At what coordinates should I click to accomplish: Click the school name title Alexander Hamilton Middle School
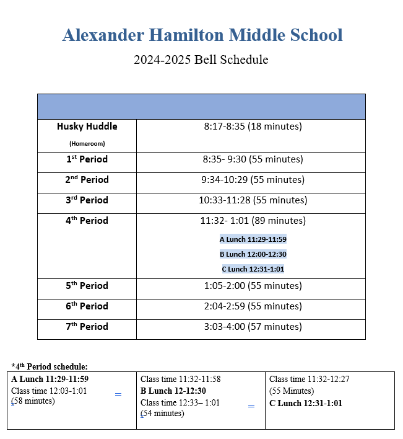click(202, 35)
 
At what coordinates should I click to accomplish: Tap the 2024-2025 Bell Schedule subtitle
click(201, 60)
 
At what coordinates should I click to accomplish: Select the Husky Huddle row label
click(87, 126)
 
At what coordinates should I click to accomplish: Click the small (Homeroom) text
click(87, 143)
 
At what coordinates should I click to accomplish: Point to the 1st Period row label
click(87, 159)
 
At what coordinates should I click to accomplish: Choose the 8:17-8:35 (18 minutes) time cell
click(253, 126)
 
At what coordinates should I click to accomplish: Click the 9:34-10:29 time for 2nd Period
click(253, 180)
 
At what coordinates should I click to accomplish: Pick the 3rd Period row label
click(87, 200)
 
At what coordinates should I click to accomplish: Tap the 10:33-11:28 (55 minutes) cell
click(253, 200)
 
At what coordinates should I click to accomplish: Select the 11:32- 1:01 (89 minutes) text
click(253, 221)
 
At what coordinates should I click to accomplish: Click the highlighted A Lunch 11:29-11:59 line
click(253, 239)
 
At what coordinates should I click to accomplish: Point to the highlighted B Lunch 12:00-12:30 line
click(253, 254)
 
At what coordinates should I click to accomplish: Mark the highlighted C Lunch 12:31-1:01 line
click(253, 269)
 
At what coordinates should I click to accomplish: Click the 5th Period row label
click(87, 286)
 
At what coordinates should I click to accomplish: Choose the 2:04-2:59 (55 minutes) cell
click(253, 306)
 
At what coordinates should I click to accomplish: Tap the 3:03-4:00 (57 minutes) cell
click(253, 327)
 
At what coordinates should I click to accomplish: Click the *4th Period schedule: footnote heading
click(50, 366)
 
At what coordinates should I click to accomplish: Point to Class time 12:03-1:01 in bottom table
click(50, 391)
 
